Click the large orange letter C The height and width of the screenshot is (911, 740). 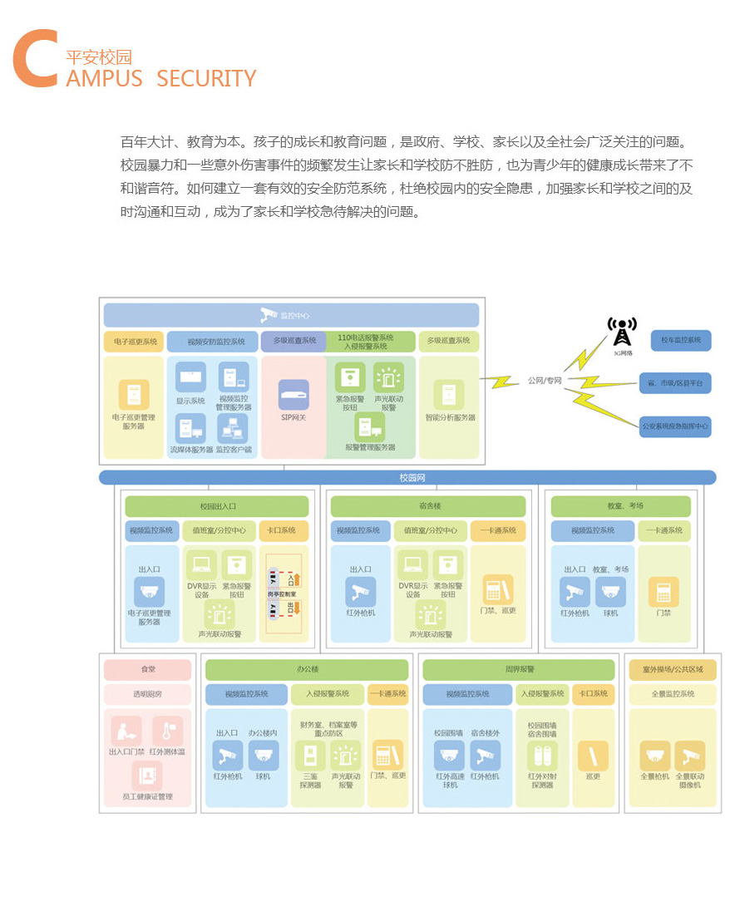pos(35,59)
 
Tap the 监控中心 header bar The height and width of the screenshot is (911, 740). pos(291,315)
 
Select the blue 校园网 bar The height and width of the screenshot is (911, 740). pos(407,478)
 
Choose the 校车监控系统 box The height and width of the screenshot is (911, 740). pos(681,340)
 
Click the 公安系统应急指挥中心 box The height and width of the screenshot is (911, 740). pos(675,426)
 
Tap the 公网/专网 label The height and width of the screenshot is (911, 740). pos(545,381)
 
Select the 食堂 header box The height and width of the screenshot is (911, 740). pos(148,669)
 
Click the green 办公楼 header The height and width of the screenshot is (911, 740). pos(307,669)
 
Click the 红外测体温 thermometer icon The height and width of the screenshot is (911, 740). pos(167,731)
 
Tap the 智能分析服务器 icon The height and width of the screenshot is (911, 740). pos(450,395)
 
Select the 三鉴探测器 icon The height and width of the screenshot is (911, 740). pos(310,755)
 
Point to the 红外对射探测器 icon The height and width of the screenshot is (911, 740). pos(541,755)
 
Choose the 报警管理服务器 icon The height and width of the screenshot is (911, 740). pos(370,427)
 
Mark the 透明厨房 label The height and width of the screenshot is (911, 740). pos(148,694)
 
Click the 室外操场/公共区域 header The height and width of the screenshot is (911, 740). pos(672,669)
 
